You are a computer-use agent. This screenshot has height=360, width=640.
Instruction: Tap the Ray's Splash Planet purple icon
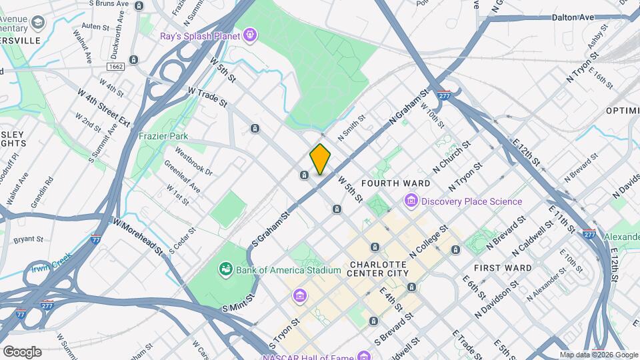click(x=249, y=33)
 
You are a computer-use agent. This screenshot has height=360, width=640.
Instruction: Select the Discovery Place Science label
click(x=471, y=201)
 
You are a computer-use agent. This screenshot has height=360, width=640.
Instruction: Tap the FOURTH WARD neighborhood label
click(x=395, y=183)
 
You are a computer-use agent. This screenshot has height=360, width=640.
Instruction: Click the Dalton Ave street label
click(x=573, y=18)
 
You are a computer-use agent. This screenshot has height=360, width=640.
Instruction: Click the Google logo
click(x=22, y=352)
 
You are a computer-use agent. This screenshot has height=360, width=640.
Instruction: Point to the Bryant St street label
click(x=28, y=238)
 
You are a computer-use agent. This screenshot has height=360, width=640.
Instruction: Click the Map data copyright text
click(x=598, y=355)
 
